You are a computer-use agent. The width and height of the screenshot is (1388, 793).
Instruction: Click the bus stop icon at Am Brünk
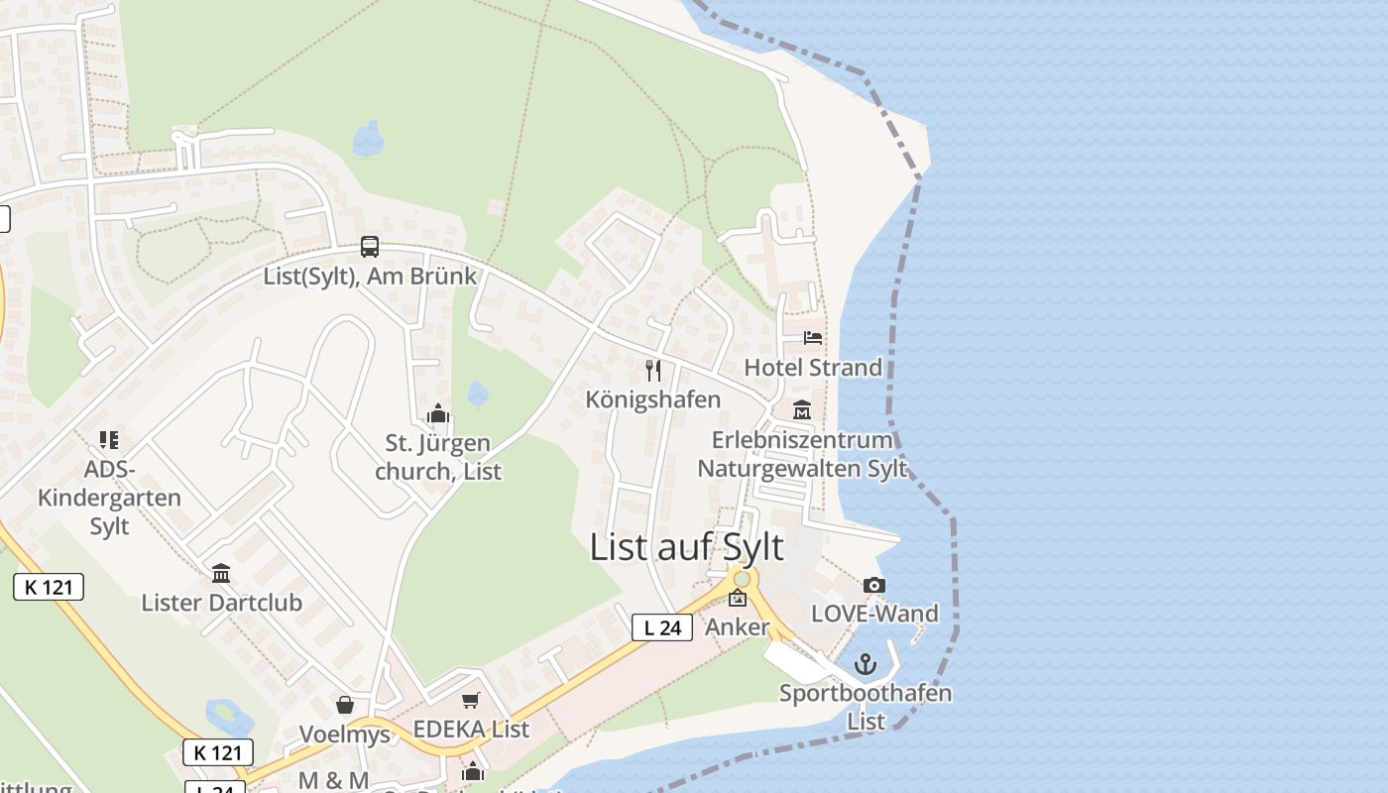pos(370,247)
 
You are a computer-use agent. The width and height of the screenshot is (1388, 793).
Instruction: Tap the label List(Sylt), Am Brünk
pos(370,276)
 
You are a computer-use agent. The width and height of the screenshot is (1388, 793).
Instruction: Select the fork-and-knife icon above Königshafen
pos(652,371)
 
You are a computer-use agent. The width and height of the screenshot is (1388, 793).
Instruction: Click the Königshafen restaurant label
pos(652,398)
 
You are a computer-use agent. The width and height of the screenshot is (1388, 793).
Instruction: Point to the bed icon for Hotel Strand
pos(813,338)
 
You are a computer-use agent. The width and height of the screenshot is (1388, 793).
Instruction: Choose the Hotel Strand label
pos(813,367)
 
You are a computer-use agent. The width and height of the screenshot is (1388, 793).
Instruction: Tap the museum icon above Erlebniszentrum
pos(802,409)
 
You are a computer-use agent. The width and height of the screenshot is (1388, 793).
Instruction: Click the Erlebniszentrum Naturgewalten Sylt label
pos(802,453)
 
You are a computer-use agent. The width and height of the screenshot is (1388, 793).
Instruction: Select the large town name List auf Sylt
pos(686,546)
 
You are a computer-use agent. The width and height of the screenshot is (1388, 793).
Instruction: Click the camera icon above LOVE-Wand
pos(873,586)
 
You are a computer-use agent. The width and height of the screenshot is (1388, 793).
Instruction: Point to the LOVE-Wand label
pos(874,614)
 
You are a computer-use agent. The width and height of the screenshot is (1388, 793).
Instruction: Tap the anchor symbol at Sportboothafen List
pos(866,664)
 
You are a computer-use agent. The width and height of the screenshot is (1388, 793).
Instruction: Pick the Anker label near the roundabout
pos(737,627)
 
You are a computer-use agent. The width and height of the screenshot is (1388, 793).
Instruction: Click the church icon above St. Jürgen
pos(437,414)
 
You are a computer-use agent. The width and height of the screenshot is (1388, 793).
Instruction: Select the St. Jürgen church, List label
pos(437,457)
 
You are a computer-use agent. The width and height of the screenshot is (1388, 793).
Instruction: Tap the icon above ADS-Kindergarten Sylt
pos(109,440)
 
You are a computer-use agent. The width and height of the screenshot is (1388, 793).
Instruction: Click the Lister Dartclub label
pos(221,602)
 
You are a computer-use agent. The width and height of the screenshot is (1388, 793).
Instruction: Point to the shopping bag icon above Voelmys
pos(345,705)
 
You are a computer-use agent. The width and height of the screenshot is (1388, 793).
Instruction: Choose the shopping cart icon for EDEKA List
pos(471,701)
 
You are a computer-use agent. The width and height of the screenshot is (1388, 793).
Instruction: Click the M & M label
pos(333,780)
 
